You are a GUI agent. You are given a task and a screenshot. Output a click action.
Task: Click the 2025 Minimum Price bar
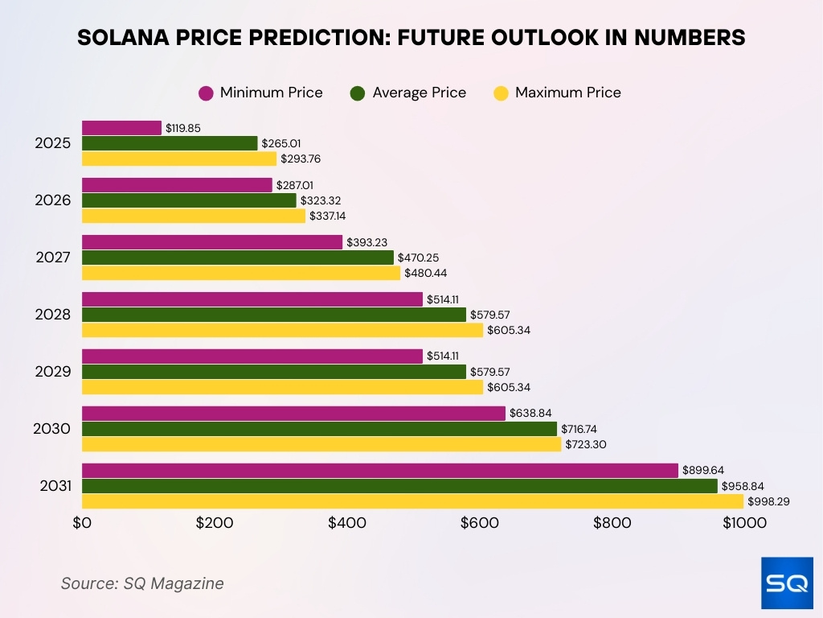121,128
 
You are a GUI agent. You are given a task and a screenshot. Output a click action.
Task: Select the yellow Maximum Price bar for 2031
412,501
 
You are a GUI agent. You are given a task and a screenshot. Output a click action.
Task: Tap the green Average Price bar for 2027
238,257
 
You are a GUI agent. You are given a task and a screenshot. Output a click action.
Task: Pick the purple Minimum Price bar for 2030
293,413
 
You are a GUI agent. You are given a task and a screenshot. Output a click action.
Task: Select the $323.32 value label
320,200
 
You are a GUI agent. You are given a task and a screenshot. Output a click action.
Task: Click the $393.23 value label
366,242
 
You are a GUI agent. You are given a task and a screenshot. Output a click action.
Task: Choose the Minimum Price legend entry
260,93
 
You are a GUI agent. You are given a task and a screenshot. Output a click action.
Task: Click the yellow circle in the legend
501,93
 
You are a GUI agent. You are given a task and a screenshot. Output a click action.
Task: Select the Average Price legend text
419,93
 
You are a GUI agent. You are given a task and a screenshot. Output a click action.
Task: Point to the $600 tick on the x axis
480,523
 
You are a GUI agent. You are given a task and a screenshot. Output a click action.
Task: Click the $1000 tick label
744,523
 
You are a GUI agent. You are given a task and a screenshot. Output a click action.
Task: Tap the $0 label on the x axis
82,523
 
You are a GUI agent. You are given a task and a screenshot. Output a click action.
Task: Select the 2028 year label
53,315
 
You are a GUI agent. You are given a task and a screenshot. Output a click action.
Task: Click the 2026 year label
53,200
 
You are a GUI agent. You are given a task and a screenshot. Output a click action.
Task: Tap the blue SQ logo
787,583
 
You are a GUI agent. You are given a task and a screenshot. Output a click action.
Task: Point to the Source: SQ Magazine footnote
142,583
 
